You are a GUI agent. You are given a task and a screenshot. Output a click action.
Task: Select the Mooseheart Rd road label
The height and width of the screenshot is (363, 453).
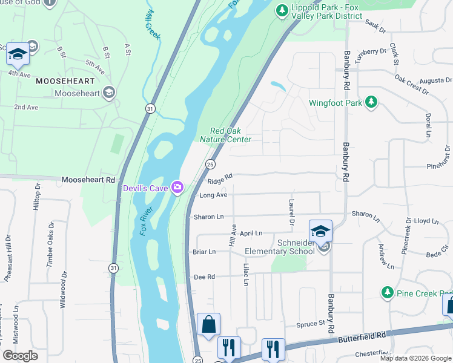click(88, 180)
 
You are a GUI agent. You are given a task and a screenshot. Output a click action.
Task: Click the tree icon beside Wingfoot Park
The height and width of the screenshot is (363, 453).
click(372, 103)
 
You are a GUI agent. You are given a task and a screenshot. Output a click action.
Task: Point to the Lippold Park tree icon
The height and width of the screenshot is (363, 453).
click(280, 10)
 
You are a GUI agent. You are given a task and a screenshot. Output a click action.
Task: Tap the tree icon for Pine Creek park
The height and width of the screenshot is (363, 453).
click(388, 293)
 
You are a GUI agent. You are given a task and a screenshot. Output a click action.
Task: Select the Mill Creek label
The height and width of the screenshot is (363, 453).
click(153, 25)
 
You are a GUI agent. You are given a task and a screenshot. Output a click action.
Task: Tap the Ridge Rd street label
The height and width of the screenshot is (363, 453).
click(220, 180)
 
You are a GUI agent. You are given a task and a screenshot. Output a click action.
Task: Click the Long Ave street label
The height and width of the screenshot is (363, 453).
click(213, 195)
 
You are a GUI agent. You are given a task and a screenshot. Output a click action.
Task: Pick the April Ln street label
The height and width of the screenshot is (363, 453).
click(251, 233)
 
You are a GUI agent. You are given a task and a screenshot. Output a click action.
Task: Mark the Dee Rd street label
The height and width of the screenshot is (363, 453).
click(204, 276)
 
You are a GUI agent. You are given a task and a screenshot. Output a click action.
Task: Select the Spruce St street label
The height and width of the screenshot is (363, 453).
click(311, 325)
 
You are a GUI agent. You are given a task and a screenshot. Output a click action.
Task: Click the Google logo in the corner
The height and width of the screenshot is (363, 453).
click(20, 356)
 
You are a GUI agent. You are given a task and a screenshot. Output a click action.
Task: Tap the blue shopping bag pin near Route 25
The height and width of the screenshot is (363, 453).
click(208, 324)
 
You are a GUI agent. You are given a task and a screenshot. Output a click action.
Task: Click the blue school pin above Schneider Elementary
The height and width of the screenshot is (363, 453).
click(320, 231)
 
